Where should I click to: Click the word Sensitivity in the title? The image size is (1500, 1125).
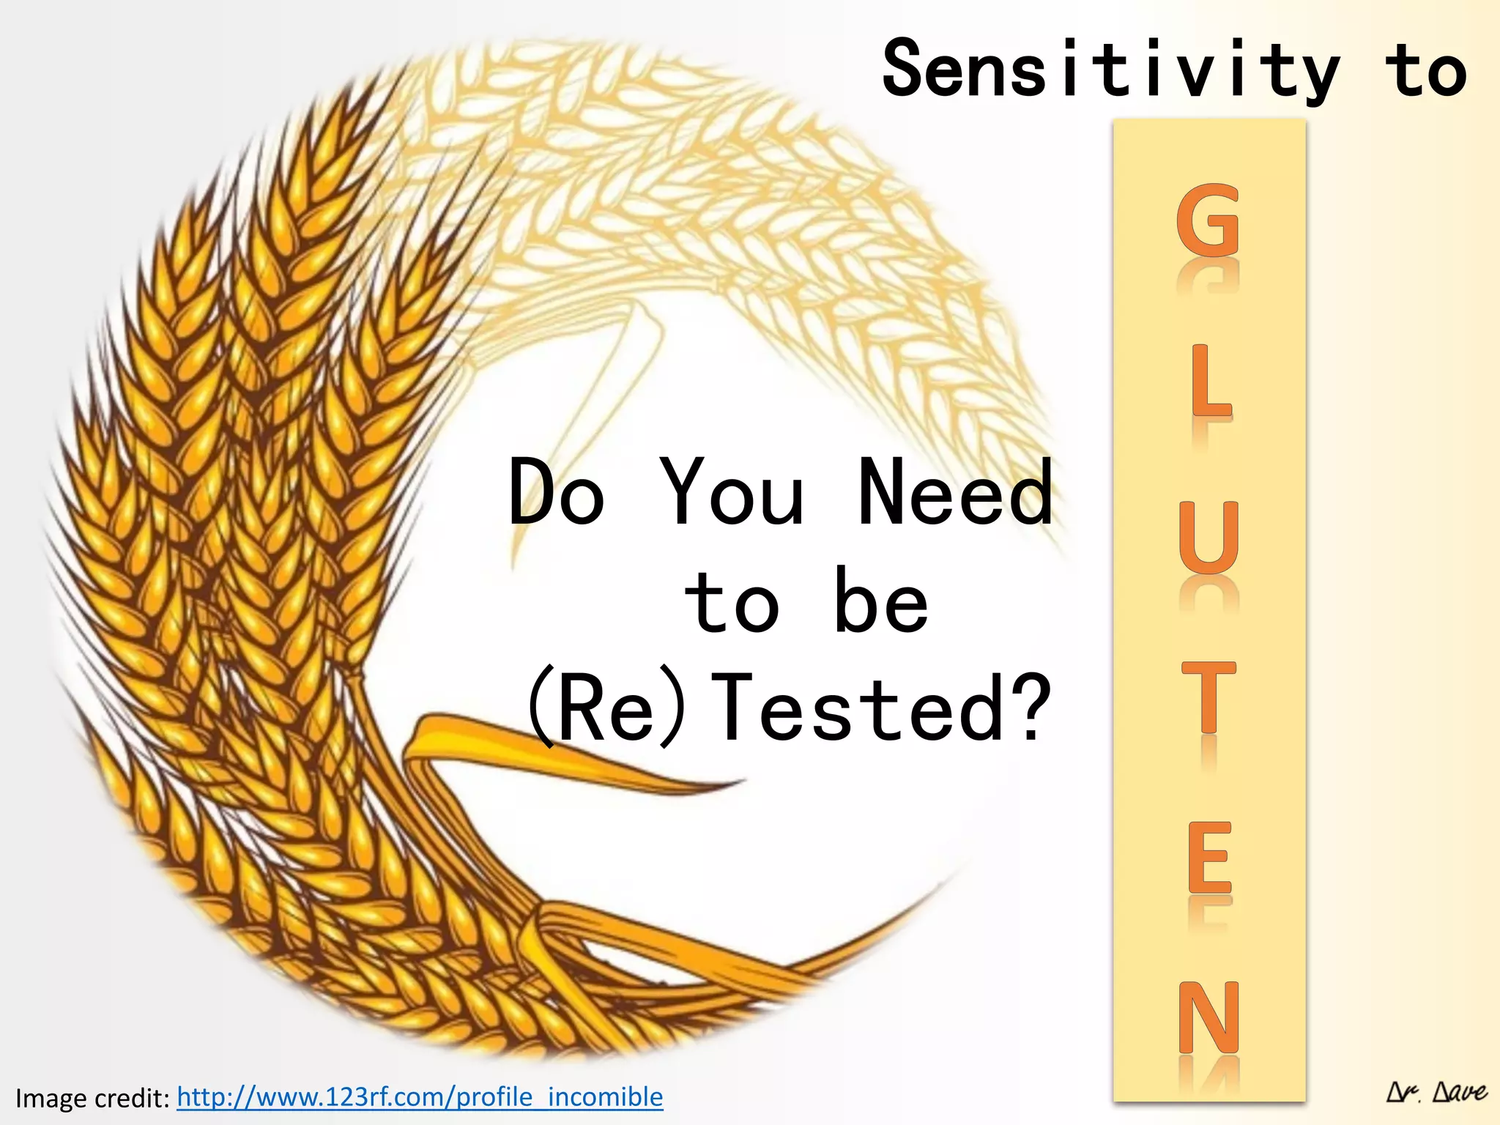pyautogui.click(x=1110, y=70)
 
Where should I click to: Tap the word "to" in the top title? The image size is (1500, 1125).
pyautogui.click(x=1425, y=70)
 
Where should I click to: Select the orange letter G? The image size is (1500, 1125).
pyautogui.click(x=1208, y=220)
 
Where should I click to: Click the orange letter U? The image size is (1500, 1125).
pyautogui.click(x=1209, y=538)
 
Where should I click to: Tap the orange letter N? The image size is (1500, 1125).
pyautogui.click(x=1209, y=1017)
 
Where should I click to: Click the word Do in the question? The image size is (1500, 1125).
pyautogui.click(x=557, y=492)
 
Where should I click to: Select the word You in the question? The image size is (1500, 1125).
pyautogui.click(x=732, y=492)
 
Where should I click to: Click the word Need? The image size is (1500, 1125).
pyautogui.click(x=955, y=492)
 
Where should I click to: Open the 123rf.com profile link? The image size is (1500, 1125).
pyautogui.click(x=420, y=1097)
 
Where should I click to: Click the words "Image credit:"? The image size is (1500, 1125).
pyautogui.click(x=92, y=1099)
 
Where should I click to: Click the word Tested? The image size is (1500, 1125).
pyautogui.click(x=857, y=709)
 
